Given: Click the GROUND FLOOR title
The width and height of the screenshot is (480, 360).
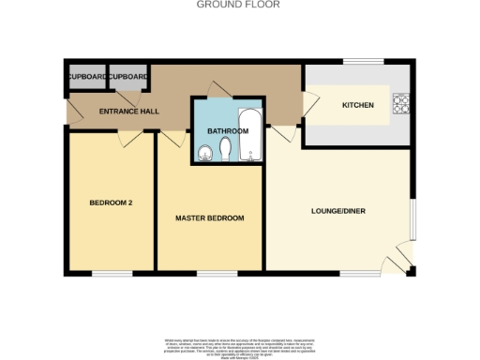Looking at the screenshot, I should coord(239,5).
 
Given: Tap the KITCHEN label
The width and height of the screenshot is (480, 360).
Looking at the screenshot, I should coord(358,105).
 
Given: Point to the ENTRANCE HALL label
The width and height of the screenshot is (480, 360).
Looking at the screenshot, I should coord(129,112).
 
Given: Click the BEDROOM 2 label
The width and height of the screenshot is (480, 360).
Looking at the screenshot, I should coord(111,202).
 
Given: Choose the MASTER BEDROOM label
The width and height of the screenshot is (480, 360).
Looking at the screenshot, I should coord(210,217).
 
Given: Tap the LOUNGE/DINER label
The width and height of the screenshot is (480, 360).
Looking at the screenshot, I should coord(338,211).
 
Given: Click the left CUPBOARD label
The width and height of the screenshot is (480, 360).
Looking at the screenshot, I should coord(85,76).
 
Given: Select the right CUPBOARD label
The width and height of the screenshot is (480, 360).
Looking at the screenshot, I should coord(128,76).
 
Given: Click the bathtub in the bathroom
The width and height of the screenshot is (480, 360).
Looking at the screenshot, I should coord(251,138).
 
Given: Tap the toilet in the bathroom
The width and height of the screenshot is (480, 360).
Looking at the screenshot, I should coord(228,150).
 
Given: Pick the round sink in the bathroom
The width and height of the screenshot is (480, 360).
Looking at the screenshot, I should coord(206,153).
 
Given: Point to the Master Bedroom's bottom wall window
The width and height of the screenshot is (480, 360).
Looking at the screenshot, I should coord(210,274).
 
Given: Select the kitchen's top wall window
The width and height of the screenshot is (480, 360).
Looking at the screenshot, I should coord(359,63).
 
